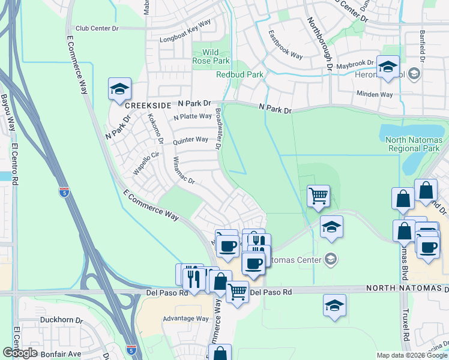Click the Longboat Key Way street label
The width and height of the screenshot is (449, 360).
pyautogui.click(x=185, y=39)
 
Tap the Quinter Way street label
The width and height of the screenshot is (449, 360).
pyautogui.click(x=190, y=140)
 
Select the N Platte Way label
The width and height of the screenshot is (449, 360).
pyautogui.click(x=192, y=116)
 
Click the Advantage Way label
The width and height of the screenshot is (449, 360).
pyautogui.click(x=185, y=319)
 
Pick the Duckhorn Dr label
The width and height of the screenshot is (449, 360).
pyautogui.click(x=61, y=320)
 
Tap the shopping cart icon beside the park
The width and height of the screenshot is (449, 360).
pyautogui.click(x=318, y=195)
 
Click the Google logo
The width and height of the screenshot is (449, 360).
pyautogui.click(x=20, y=353)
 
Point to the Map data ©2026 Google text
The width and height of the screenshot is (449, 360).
pyautogui.click(x=412, y=355)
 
